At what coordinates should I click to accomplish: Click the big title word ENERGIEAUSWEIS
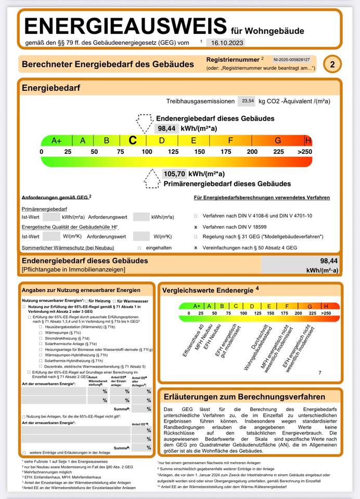coord(125,26)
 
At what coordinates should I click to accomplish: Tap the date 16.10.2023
coord(225,43)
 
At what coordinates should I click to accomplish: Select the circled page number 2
coord(332,64)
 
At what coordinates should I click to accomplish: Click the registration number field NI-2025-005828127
coord(291,60)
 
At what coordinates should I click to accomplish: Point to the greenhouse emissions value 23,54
coord(247,101)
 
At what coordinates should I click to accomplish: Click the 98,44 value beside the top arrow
coord(166,128)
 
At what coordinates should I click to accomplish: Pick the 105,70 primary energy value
coord(174,174)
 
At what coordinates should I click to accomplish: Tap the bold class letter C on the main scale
coord(133,140)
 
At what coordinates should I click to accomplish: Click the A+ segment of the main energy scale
coord(56,140)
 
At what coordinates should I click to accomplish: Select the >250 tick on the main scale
coord(304,151)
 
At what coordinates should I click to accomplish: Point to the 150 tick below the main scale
coord(199,151)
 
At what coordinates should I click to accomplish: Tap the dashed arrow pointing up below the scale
coord(152,178)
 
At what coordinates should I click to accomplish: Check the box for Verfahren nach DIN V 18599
coord(196,227)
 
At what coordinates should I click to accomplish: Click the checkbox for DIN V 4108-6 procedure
coord(196,216)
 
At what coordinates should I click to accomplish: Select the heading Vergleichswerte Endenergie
coord(210,289)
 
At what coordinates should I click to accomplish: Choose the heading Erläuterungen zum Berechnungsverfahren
coord(244,397)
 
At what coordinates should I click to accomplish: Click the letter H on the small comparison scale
coord(326,306)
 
